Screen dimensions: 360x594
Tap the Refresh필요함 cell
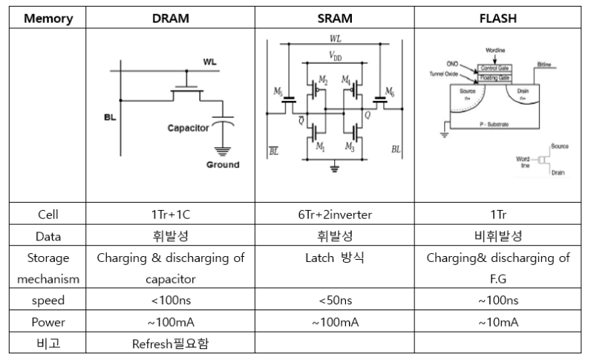coord(170,344)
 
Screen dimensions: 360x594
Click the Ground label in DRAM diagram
coord(223,165)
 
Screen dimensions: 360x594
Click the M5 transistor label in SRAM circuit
coord(278,91)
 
